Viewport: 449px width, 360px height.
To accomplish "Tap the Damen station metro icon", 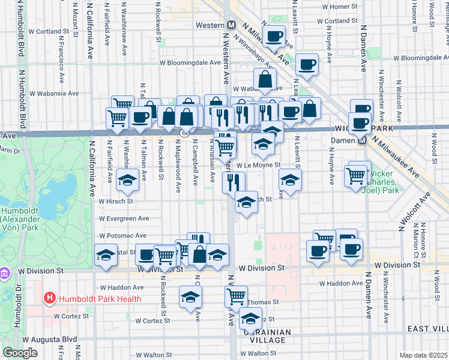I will click(x=362, y=141).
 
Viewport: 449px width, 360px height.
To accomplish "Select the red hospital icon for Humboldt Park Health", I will click(x=49, y=298).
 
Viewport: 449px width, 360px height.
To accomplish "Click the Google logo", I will click(x=20, y=353).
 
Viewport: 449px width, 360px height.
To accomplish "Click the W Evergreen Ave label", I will click(x=124, y=218).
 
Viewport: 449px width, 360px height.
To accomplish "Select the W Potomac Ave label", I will click(x=122, y=236).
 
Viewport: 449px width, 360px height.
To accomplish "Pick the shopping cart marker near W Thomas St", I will click(x=236, y=295).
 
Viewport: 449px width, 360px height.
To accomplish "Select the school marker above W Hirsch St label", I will click(x=127, y=180).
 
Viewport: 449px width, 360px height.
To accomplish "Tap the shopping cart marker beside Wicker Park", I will click(x=355, y=175).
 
